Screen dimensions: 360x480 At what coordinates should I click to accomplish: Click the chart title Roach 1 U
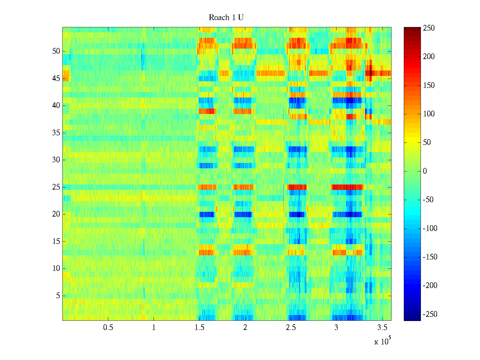[x=226, y=18]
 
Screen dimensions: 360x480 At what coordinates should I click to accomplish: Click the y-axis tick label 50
[x=56, y=51]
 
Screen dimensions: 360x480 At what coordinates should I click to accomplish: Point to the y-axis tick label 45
[x=56, y=79]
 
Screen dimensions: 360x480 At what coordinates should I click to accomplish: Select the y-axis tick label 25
[x=56, y=187]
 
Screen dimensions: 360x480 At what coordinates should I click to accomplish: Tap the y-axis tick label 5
[x=58, y=296]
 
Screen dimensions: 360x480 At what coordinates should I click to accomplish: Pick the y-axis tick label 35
[x=56, y=133]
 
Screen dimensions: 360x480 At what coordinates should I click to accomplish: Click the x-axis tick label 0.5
[x=108, y=328]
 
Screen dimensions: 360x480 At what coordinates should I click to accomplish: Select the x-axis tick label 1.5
[x=199, y=328]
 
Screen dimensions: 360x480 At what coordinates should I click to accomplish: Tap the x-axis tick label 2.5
[x=291, y=328]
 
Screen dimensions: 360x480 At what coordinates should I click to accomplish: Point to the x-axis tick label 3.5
[x=382, y=328]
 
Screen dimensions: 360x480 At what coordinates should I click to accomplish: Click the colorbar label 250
[x=429, y=28]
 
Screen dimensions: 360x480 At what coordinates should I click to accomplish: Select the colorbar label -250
[x=430, y=314]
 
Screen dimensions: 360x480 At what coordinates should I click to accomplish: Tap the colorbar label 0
[x=425, y=171]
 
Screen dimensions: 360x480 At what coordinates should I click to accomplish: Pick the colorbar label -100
[x=430, y=229]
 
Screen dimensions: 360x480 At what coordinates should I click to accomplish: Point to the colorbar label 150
[x=429, y=85]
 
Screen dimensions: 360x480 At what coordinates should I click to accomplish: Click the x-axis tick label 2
[x=245, y=328]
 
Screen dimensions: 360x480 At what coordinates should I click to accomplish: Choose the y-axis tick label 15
[x=56, y=241]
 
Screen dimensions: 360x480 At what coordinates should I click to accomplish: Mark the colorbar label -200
[x=430, y=286]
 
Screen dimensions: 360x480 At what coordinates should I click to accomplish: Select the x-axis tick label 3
[x=336, y=328]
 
